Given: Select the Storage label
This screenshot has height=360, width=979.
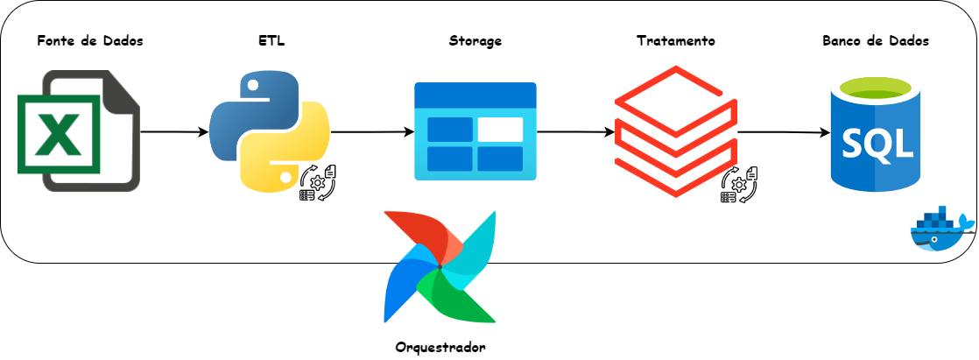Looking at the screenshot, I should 475,41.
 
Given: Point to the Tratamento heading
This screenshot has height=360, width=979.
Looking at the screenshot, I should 675,41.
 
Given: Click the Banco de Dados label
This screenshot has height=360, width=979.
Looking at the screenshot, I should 876,41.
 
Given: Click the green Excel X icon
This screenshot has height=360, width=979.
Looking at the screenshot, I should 59,133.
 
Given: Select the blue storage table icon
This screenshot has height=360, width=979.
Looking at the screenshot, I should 475,131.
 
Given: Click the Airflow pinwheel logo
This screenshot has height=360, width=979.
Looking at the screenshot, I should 440,267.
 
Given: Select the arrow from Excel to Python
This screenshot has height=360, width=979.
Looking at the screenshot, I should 173,132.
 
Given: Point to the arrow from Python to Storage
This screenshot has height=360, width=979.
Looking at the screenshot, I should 372,132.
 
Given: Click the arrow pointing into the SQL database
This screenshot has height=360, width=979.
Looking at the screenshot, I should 784,133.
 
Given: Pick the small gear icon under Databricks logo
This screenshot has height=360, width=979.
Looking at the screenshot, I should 740,183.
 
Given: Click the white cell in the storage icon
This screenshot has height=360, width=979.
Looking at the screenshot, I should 500,129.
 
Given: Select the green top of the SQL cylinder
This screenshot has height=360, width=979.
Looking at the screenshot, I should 876,88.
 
